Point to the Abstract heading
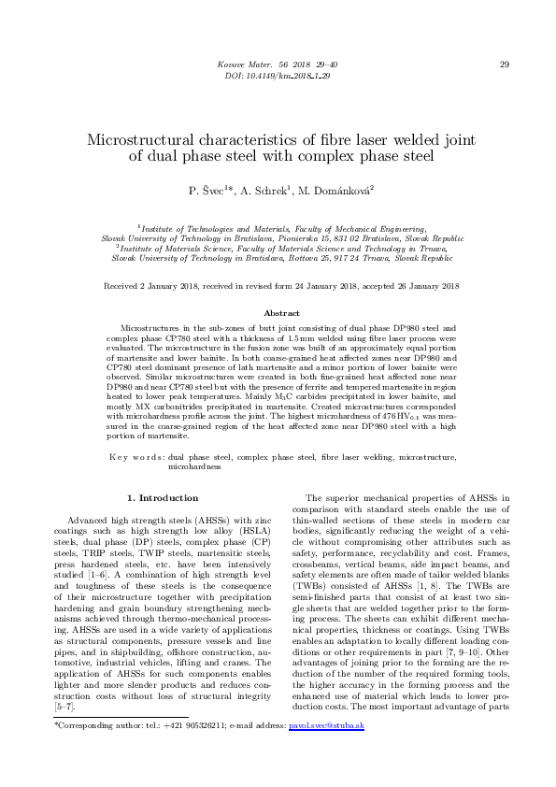point(281,313)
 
